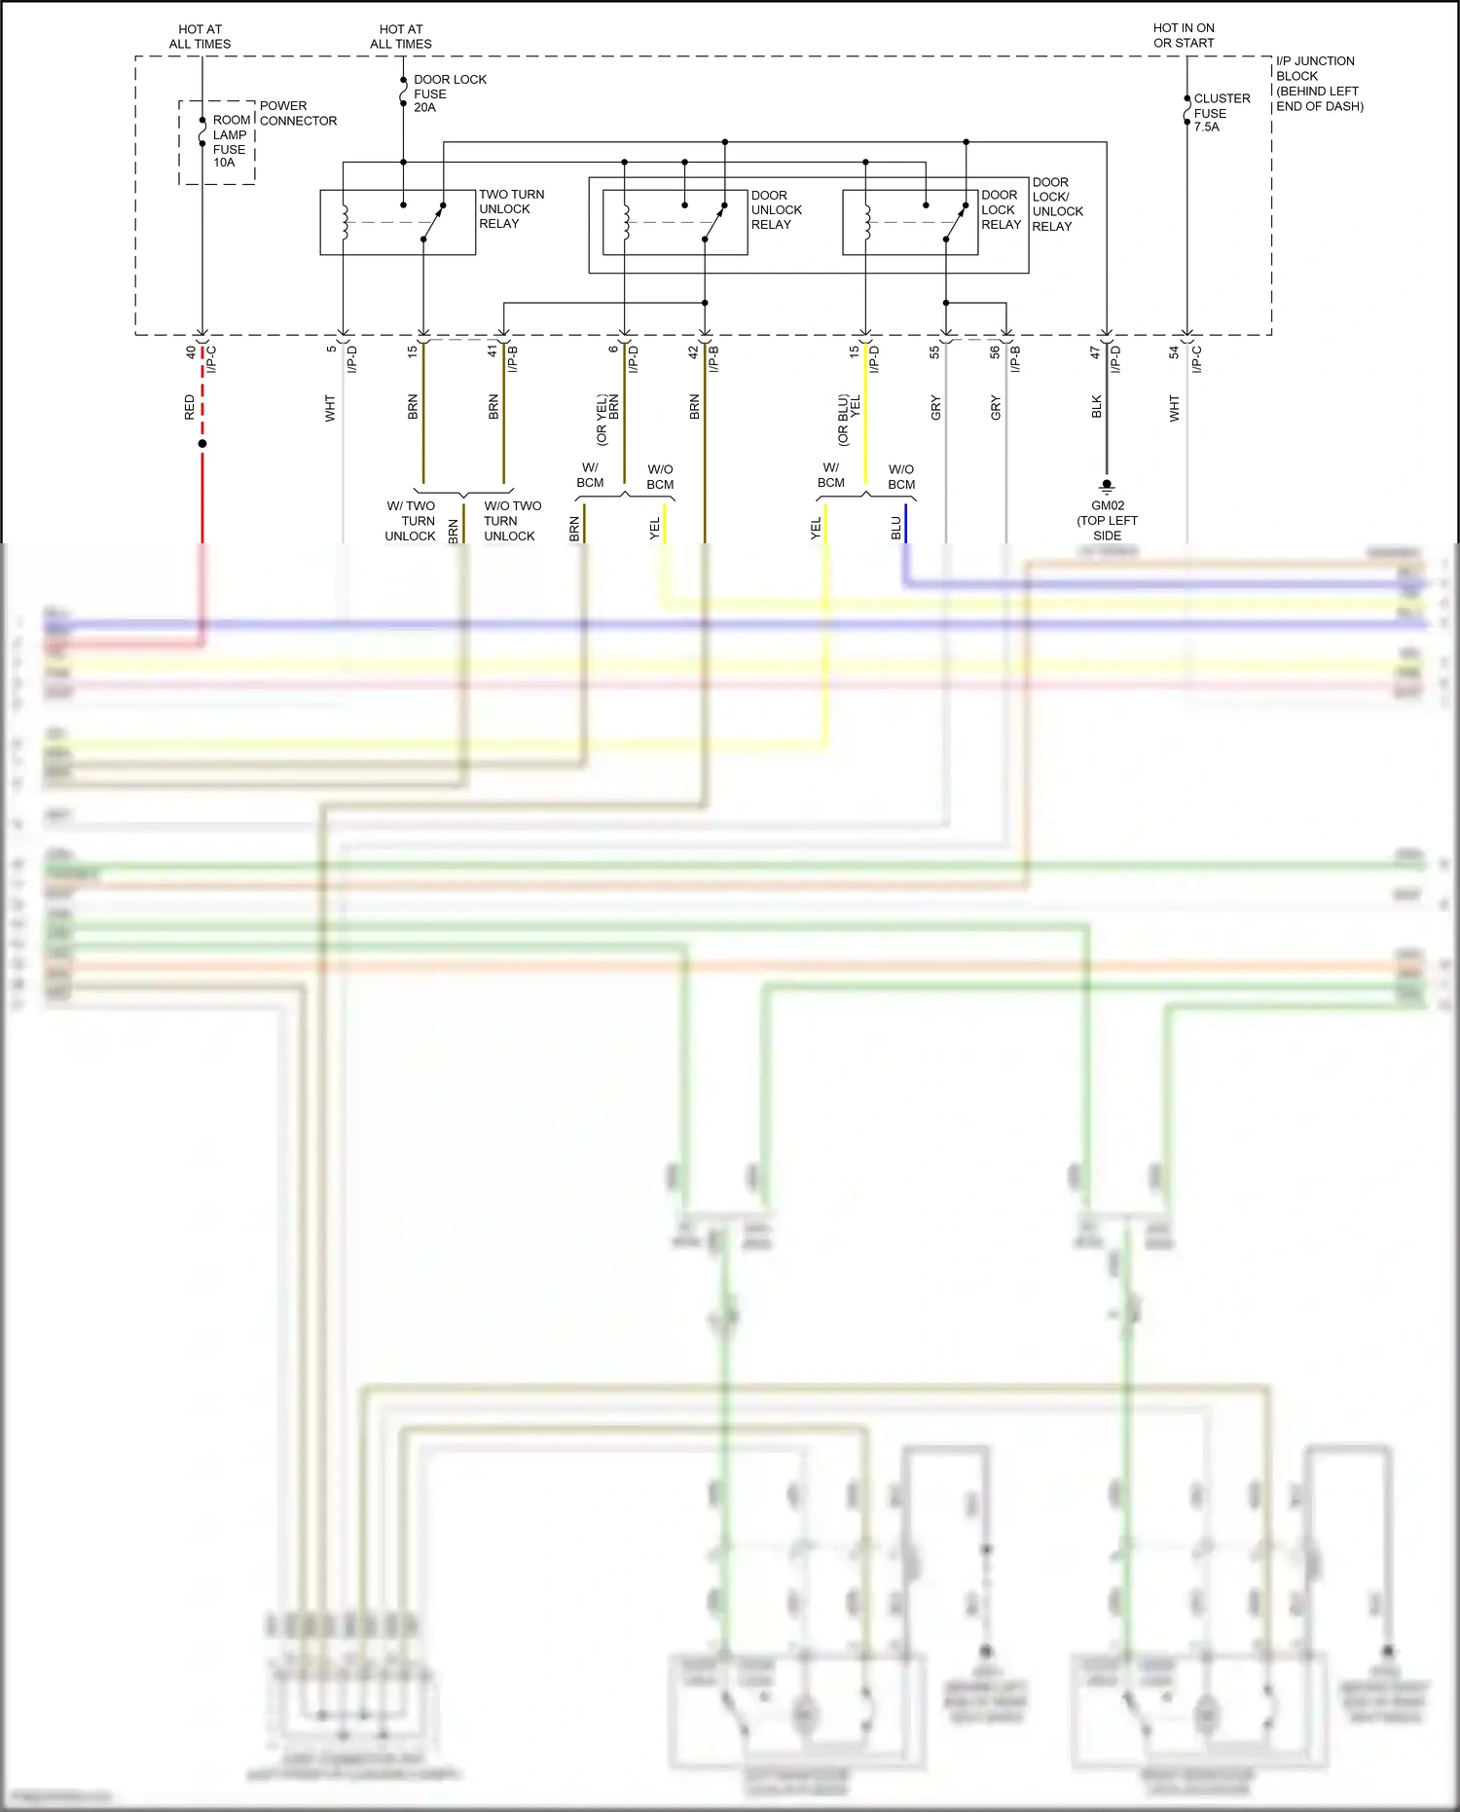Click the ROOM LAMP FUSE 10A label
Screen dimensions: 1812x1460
click(x=230, y=141)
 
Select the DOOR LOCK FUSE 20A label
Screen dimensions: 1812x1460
click(x=449, y=93)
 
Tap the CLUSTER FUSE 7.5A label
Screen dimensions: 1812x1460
click(x=1221, y=112)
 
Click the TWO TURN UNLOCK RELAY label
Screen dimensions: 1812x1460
click(x=510, y=208)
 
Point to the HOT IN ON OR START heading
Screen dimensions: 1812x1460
click(x=1183, y=35)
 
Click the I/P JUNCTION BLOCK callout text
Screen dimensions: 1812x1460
click(x=1318, y=83)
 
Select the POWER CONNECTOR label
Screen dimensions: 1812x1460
click(x=297, y=113)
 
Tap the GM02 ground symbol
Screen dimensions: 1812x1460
click(x=1107, y=485)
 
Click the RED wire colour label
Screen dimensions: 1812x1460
click(x=190, y=407)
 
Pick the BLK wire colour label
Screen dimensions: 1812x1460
click(x=1097, y=406)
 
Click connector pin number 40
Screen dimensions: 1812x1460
click(x=191, y=352)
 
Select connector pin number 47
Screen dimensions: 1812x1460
click(x=1095, y=352)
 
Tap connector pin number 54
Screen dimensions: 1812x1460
click(x=1174, y=352)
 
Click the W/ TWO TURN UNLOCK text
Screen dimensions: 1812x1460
click(x=411, y=521)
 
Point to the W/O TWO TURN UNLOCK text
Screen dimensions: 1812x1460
click(x=511, y=521)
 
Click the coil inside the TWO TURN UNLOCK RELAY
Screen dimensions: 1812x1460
click(x=344, y=221)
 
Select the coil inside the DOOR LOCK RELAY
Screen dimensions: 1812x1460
click(x=866, y=221)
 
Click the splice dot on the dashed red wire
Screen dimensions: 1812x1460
click(x=202, y=444)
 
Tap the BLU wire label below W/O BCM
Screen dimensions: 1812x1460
click(x=895, y=528)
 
